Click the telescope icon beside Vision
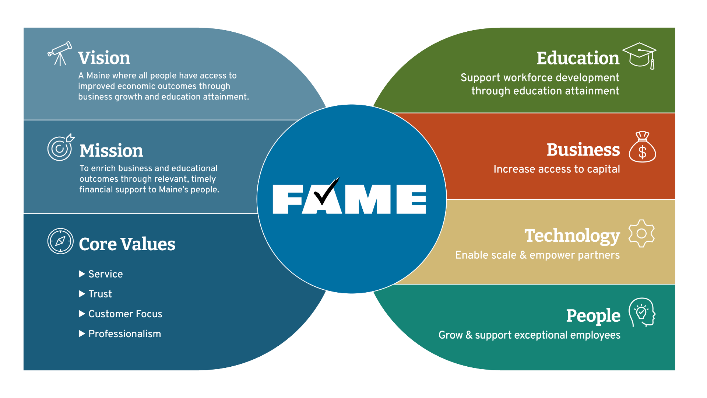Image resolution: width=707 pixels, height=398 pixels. [60, 53]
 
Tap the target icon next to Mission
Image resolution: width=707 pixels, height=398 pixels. [60, 147]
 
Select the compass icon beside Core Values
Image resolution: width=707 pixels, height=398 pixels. [60, 241]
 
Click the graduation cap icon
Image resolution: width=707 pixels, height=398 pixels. [640, 56]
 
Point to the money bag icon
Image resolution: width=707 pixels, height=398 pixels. [642, 147]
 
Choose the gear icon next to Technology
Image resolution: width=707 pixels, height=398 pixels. [641, 233]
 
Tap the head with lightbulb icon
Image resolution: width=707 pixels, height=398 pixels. [642, 312]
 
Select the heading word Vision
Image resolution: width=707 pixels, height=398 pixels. [104, 58]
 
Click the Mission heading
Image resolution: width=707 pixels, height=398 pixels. [111, 151]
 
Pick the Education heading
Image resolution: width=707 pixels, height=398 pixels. [578, 58]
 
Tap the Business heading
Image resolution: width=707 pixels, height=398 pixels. [583, 150]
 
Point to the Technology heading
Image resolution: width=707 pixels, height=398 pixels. [572, 236]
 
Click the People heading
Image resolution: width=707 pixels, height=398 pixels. [593, 316]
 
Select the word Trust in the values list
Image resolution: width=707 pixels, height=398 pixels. [100, 294]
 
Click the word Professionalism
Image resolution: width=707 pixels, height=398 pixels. [125, 334]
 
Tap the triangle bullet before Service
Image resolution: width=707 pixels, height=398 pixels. [82, 274]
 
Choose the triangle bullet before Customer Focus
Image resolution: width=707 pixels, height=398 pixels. [82, 314]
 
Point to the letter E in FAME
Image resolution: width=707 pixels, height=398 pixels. [411, 199]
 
